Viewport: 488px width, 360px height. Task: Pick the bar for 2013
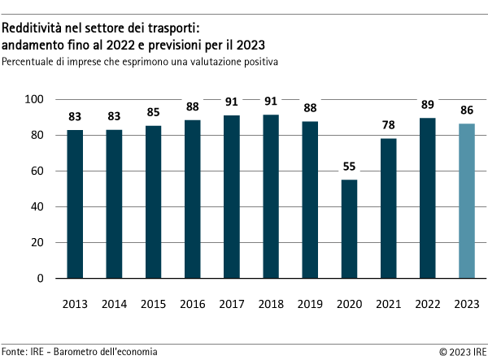tap(75, 204)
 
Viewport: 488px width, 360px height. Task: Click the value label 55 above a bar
tap(349, 167)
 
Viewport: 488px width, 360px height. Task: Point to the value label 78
tap(388, 125)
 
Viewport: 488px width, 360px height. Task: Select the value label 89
tap(427, 106)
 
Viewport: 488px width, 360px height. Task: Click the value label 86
tap(466, 111)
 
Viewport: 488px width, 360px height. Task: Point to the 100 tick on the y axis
tap(39, 99)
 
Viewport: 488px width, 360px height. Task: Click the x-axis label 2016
tap(193, 304)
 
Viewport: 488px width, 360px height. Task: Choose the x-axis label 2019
tap(310, 304)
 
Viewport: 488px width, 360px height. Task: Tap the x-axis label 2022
tap(427, 304)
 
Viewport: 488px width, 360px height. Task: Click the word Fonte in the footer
tap(15, 351)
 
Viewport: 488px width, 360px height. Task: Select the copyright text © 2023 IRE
tap(463, 351)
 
